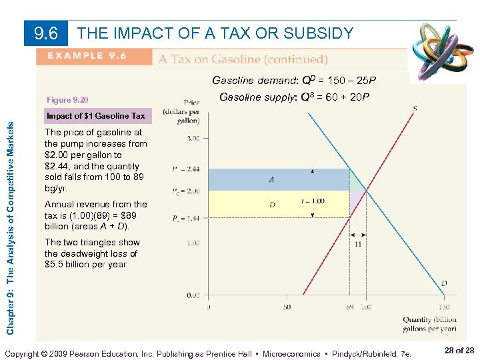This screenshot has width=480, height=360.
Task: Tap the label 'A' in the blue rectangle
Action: (x=271, y=180)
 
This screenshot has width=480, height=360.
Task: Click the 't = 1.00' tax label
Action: (x=313, y=201)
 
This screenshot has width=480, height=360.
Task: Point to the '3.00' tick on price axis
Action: (x=193, y=138)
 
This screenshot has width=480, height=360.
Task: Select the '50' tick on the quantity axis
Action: (x=287, y=307)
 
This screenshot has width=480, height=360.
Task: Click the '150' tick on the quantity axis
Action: (x=443, y=307)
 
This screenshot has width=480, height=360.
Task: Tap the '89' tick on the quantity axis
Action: (x=349, y=307)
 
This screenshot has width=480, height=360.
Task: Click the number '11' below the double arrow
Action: (x=358, y=245)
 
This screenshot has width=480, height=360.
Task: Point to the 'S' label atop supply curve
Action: (x=415, y=109)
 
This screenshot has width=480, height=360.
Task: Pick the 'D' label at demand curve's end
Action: (x=444, y=283)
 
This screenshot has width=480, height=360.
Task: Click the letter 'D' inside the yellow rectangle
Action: (x=272, y=205)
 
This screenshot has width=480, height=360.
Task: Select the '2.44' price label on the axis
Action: (x=191, y=169)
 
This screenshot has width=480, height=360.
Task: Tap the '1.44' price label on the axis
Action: (x=191, y=217)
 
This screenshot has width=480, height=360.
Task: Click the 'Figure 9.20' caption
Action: (x=67, y=100)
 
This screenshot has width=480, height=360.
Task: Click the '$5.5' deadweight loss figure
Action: (x=55, y=265)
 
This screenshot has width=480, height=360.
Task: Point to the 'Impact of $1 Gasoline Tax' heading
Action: (x=95, y=116)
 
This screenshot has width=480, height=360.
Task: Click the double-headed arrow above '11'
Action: (x=358, y=235)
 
